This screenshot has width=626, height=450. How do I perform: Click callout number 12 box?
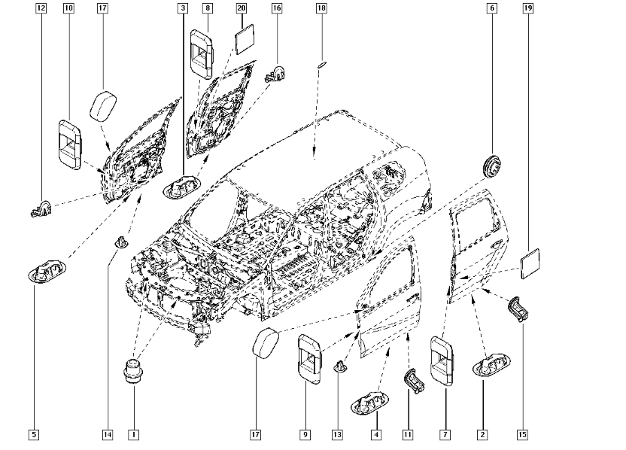[41, 9]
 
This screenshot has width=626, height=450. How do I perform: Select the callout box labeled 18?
[321, 9]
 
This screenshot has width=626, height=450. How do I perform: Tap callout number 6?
[492, 9]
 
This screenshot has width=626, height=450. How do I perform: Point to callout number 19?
[528, 9]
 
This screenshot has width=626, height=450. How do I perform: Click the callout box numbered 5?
[34, 434]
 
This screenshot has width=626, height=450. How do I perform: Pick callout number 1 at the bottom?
[133, 434]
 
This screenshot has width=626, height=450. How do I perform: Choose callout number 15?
[523, 434]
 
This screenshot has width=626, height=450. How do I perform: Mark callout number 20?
[241, 9]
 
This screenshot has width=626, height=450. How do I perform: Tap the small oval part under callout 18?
[321, 65]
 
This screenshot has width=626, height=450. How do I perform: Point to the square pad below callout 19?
[531, 263]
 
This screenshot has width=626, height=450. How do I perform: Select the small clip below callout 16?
[275, 74]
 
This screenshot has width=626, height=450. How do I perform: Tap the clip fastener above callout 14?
[120, 242]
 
